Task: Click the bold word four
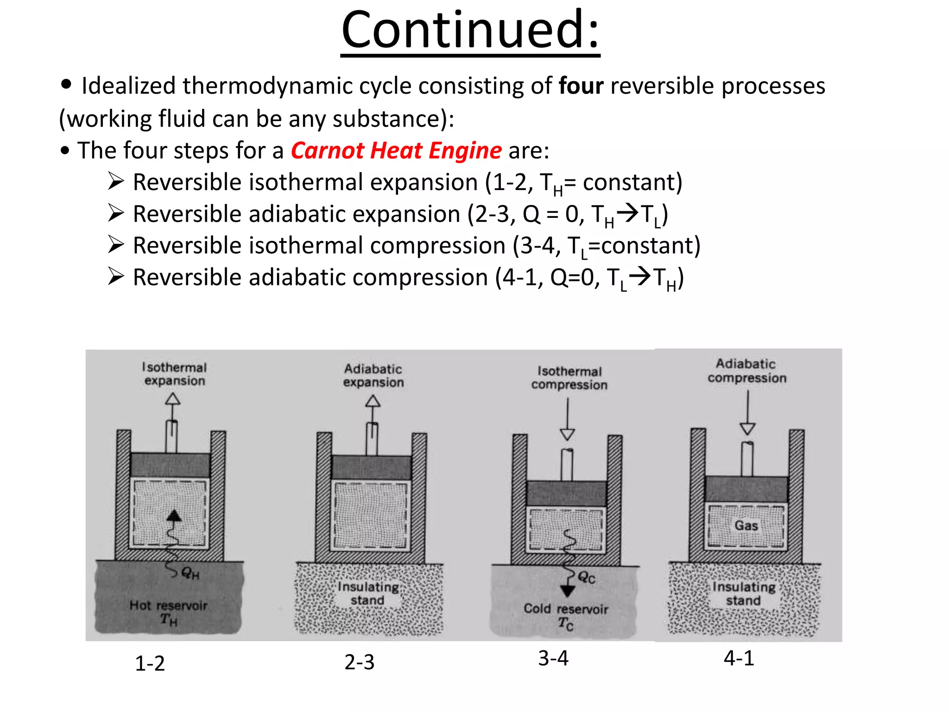click(x=581, y=86)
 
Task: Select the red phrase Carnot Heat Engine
click(x=396, y=151)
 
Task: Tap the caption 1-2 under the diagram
click(x=150, y=663)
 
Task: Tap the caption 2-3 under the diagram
click(x=359, y=662)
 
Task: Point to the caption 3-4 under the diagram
click(x=553, y=658)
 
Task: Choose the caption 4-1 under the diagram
click(x=739, y=658)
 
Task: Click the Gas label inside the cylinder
click(x=746, y=526)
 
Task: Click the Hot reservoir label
click(x=168, y=605)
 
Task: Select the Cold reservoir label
click(x=566, y=609)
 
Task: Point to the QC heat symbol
click(x=586, y=578)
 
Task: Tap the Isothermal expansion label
click(x=174, y=374)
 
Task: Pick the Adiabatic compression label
click(x=747, y=371)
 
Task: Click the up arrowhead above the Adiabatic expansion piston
click(x=373, y=401)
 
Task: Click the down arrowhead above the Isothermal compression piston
click(x=567, y=434)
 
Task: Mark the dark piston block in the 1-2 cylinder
click(x=170, y=464)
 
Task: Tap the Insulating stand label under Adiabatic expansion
click(x=368, y=593)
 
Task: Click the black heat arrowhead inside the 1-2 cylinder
click(x=174, y=515)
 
